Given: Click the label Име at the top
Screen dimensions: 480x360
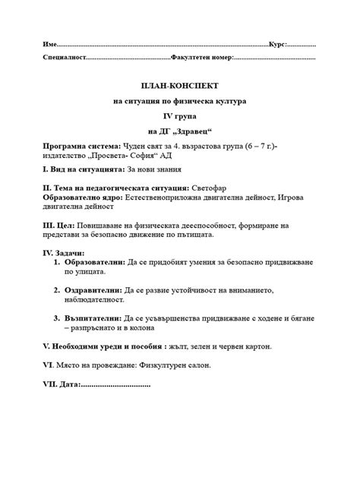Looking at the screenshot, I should [49, 45].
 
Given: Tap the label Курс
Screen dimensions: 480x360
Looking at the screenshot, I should [277, 45].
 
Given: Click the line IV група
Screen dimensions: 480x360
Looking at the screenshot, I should [180, 115].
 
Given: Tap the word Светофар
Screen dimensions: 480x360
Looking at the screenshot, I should [208, 188].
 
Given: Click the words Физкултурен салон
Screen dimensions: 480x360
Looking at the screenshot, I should [178, 365].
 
